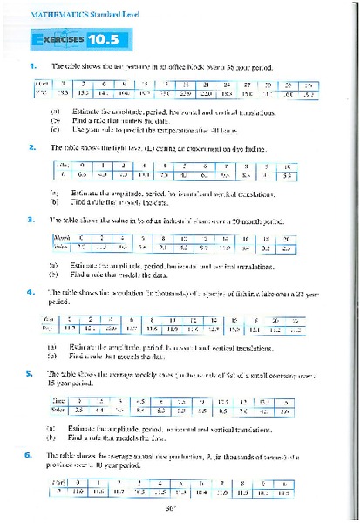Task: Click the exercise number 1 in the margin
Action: (x=32, y=66)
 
